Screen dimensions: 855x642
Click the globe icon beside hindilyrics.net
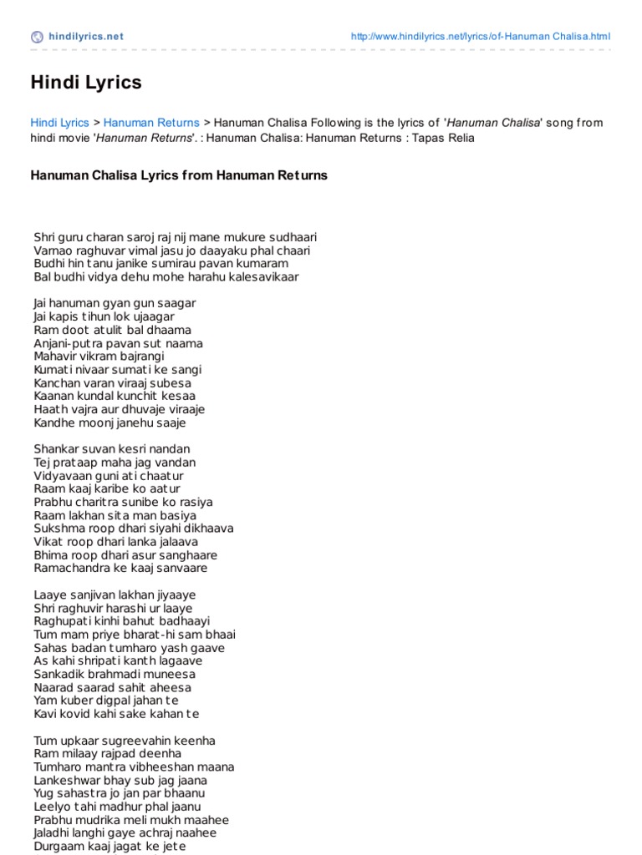(x=37, y=37)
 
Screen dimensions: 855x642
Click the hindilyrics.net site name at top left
(x=86, y=37)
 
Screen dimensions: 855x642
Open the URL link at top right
(x=481, y=37)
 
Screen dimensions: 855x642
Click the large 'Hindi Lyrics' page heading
(x=86, y=83)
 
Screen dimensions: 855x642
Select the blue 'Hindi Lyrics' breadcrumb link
(x=59, y=123)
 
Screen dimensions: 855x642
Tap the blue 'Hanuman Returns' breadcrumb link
(x=151, y=123)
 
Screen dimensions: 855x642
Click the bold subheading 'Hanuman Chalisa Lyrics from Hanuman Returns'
(x=179, y=175)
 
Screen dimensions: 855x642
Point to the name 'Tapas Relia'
(x=444, y=138)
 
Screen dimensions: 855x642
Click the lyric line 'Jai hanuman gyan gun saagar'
(x=115, y=303)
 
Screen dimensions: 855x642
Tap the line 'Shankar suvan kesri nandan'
(x=112, y=449)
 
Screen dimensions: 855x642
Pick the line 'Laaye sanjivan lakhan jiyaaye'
(x=115, y=595)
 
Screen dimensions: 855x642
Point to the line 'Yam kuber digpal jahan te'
(x=106, y=701)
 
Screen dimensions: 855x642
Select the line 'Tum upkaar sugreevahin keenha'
(x=125, y=741)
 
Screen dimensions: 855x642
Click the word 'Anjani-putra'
(x=68, y=343)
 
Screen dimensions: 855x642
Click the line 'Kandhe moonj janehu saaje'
(x=110, y=422)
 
